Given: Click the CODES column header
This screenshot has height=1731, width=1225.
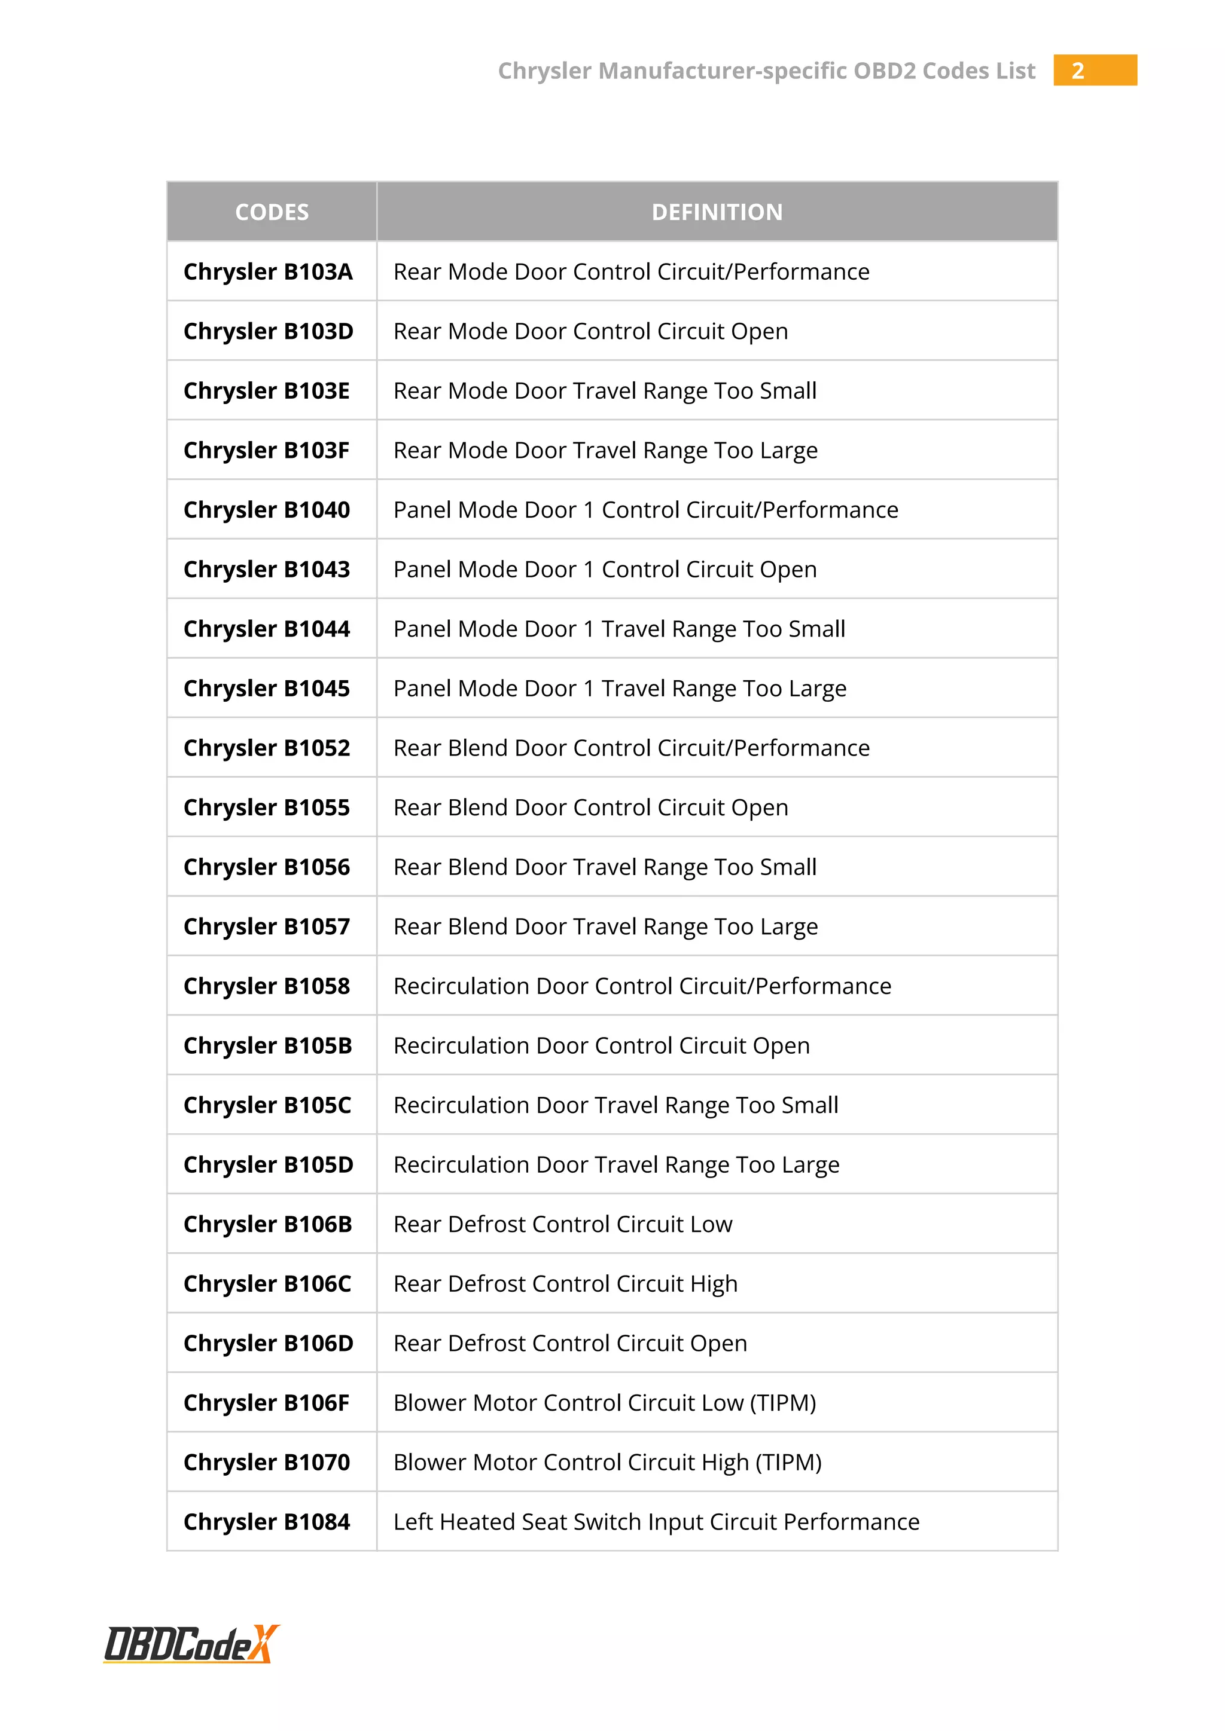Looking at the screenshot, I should point(272,212).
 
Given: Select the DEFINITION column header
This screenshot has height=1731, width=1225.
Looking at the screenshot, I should point(717,212).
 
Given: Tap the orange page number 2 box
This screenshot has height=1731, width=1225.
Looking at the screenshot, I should point(1094,70).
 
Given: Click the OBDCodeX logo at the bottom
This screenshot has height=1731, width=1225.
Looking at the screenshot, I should point(191,1644).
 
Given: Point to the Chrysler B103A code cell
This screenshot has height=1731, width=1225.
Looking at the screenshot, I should point(268,271).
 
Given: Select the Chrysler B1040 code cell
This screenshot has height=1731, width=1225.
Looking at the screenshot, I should point(266,510).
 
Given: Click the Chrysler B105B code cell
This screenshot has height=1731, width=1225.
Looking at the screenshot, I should point(268,1045).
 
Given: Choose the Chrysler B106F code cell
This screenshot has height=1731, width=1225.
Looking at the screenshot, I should point(266,1403).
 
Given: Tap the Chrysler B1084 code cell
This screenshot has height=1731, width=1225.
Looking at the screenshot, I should point(266,1522).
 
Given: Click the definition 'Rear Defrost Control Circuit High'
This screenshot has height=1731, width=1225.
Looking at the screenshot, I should point(565,1284).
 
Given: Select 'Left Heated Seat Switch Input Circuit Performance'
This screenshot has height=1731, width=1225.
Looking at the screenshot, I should point(656,1522).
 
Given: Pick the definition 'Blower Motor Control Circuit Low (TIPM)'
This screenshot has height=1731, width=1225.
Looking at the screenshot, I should point(604,1403).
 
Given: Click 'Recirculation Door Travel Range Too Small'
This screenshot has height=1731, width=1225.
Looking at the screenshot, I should point(615,1105).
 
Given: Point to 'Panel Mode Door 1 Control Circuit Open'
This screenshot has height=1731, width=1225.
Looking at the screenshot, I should point(605,569).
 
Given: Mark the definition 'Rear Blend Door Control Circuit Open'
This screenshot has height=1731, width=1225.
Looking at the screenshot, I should point(590,808).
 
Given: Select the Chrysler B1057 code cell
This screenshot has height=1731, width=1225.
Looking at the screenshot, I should point(266,926).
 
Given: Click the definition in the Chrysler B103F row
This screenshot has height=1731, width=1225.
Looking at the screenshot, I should point(605,450).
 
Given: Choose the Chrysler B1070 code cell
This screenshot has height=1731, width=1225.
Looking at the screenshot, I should point(266,1463).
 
